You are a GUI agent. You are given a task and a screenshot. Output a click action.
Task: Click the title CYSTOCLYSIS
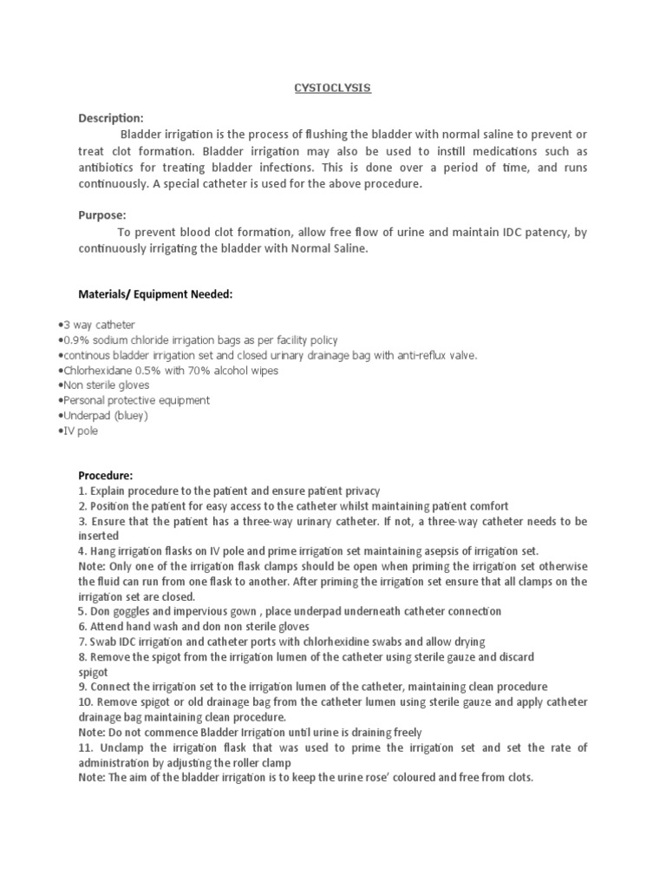333,89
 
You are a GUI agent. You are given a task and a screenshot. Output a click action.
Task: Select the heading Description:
111,118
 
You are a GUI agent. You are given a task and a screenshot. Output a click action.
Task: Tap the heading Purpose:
102,215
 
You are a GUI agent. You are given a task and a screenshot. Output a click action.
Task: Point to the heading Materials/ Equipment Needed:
155,294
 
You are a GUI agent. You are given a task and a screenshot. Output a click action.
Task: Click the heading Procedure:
106,476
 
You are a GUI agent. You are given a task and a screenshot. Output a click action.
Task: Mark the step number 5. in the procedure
82,612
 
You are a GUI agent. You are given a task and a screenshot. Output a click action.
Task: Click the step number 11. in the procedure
86,747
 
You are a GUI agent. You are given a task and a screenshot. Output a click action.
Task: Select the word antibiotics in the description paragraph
107,168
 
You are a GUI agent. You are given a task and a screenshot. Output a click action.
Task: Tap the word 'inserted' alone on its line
98,537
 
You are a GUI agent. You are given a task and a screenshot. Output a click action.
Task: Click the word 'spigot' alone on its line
93,673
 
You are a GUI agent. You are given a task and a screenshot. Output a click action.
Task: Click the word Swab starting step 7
102,642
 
